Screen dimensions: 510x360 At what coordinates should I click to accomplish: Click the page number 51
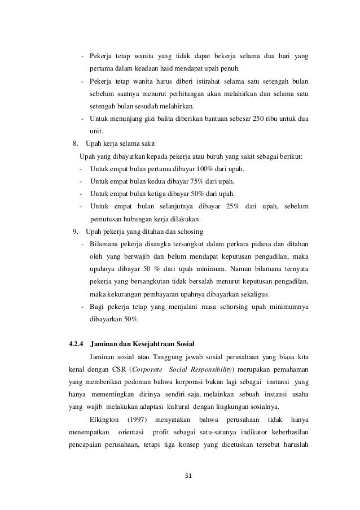(x=189, y=475)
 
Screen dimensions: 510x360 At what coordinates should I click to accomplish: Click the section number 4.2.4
(x=76, y=342)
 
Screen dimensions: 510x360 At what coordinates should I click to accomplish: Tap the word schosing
(x=191, y=232)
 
